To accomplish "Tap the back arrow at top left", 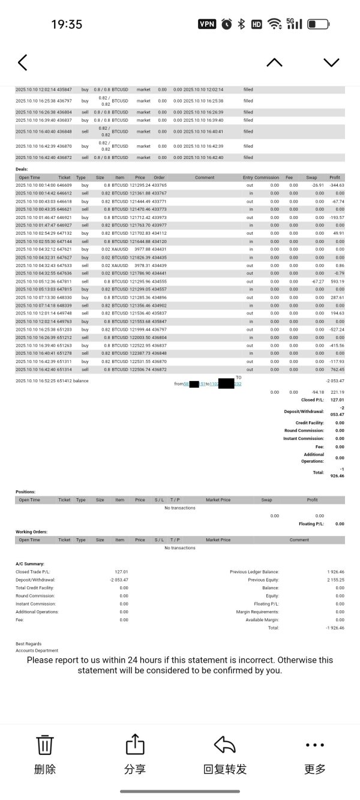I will [x=23, y=62].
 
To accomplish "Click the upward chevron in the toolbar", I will [x=274, y=62].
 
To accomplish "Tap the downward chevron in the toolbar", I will [x=331, y=62].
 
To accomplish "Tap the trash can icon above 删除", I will [x=46, y=745].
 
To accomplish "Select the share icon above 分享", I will [x=135, y=745].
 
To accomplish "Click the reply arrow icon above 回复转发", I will [x=225, y=745].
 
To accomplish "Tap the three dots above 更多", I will [x=315, y=745].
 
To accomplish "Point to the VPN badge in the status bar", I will [x=207, y=24].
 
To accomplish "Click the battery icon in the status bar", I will [x=318, y=24].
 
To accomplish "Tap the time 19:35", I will [x=67, y=25].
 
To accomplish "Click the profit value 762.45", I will [x=337, y=369].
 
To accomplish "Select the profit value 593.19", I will [x=337, y=281].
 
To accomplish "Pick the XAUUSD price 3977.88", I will [x=142, y=249].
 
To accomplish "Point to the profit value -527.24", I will [x=337, y=329].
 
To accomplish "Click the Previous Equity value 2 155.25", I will [x=335, y=580].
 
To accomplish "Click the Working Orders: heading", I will [x=31, y=532].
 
